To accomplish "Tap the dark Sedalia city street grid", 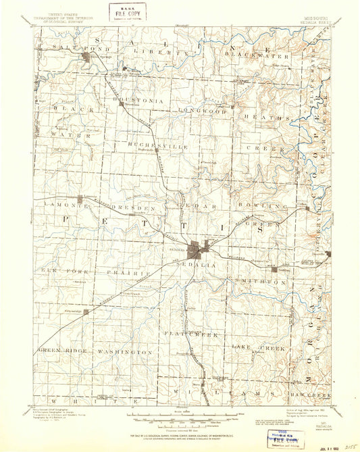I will tap(200, 250).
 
